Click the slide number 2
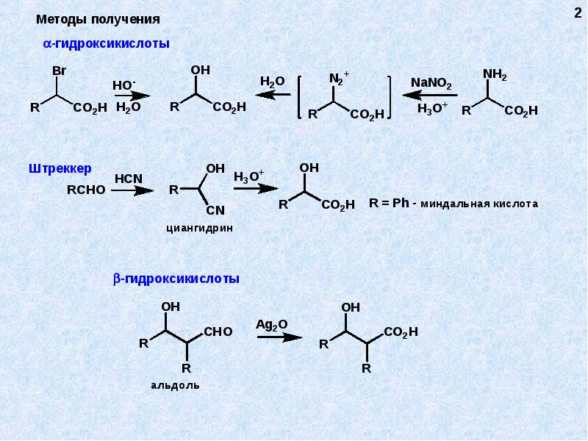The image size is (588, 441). pyautogui.click(x=578, y=13)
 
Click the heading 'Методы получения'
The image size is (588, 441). pyautogui.click(x=98, y=20)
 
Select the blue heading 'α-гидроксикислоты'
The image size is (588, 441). pyautogui.click(x=107, y=44)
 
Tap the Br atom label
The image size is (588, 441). pyautogui.click(x=60, y=71)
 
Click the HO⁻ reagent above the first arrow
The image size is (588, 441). pyautogui.click(x=124, y=85)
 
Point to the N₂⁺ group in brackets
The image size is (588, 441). pyautogui.click(x=339, y=78)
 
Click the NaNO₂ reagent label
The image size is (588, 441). pyautogui.click(x=431, y=83)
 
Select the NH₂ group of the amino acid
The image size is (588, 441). pyautogui.click(x=495, y=74)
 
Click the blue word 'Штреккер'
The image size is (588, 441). pyautogui.click(x=60, y=169)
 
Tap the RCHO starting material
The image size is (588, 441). pyautogui.click(x=86, y=190)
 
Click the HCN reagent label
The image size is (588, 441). pyautogui.click(x=129, y=179)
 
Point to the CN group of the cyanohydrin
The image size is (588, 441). pyautogui.click(x=215, y=210)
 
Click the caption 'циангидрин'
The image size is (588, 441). pyautogui.click(x=199, y=228)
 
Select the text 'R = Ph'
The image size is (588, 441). pyautogui.click(x=389, y=203)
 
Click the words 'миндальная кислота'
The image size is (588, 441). pyautogui.click(x=479, y=204)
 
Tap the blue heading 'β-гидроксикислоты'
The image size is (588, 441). pyautogui.click(x=176, y=279)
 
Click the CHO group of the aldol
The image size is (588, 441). pyautogui.click(x=218, y=331)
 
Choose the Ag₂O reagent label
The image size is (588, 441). pyautogui.click(x=272, y=325)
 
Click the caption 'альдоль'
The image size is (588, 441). pyautogui.click(x=175, y=385)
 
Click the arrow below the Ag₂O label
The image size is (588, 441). pyautogui.click(x=280, y=337)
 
